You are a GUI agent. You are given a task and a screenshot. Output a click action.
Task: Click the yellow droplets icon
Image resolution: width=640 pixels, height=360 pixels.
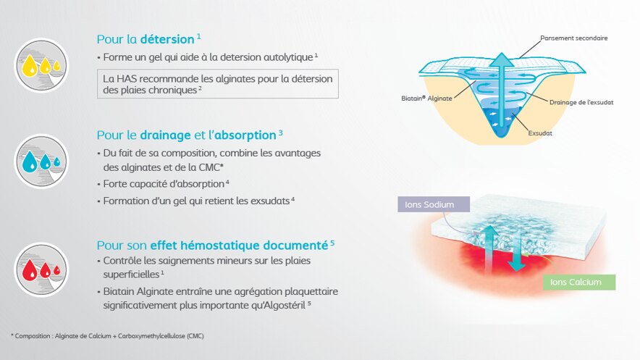pyautogui.click(x=41, y=65)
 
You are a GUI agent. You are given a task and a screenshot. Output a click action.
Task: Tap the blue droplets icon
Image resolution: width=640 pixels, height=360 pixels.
pyautogui.click(x=41, y=162)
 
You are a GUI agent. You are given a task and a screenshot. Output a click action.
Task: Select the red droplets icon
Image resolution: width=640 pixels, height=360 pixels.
pyautogui.click(x=41, y=269)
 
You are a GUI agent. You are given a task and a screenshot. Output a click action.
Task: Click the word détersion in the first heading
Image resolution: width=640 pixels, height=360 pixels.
pyautogui.click(x=167, y=39)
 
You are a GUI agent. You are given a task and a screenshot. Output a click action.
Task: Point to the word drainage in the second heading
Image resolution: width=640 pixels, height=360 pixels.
pyautogui.click(x=165, y=135)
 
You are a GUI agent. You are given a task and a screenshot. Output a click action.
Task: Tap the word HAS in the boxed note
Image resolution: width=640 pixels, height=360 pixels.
pyautogui.click(x=125, y=78)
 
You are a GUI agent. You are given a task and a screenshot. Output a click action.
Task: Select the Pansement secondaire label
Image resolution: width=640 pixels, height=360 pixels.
pyautogui.click(x=574, y=38)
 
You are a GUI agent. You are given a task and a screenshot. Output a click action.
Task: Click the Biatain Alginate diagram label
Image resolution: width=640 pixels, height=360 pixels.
pyautogui.click(x=426, y=99)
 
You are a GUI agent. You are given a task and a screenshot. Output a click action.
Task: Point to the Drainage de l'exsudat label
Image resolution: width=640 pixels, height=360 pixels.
pyautogui.click(x=581, y=102)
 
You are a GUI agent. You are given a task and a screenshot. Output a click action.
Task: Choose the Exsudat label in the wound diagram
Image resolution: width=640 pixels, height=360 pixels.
pyautogui.click(x=540, y=133)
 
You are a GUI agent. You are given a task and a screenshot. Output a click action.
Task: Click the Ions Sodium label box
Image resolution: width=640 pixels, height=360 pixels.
pyautogui.click(x=434, y=204)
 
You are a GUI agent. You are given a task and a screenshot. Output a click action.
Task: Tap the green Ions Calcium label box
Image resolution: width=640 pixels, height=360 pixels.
pyautogui.click(x=578, y=282)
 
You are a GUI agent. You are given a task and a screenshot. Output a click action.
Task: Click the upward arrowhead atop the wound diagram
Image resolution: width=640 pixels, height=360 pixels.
pyautogui.click(x=502, y=59)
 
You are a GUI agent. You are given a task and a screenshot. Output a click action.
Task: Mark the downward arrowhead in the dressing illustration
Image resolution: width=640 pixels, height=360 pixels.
pyautogui.click(x=517, y=265)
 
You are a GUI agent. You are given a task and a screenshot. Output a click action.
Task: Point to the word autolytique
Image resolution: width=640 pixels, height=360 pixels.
pyautogui.click(x=288, y=57)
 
